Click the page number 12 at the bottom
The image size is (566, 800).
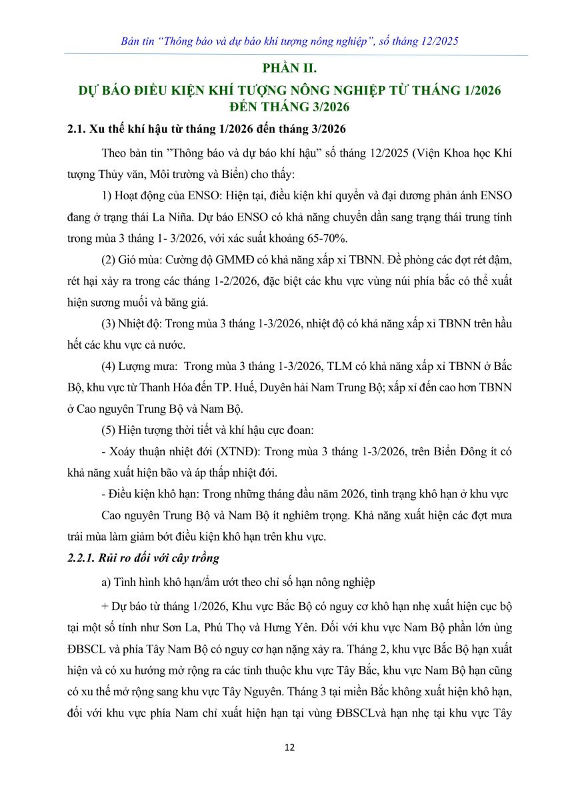click(289, 747)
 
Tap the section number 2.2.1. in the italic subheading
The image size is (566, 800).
click(84, 557)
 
